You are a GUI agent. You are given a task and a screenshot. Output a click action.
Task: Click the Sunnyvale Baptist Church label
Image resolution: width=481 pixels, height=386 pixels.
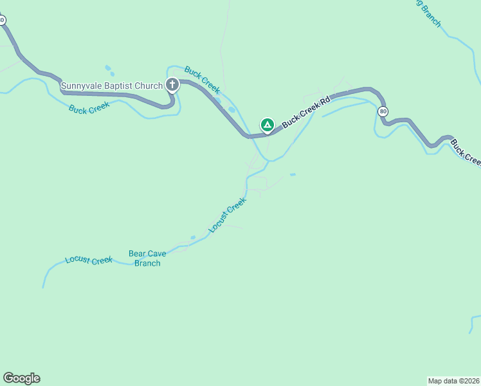(x=112, y=86)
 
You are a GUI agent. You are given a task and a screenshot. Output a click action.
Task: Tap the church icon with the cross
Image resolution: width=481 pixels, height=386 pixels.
(x=172, y=84)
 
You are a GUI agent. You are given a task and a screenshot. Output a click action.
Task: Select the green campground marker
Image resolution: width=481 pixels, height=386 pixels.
(x=267, y=124)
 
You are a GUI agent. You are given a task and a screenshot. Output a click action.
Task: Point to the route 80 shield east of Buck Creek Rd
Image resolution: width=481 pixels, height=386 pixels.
(x=383, y=111)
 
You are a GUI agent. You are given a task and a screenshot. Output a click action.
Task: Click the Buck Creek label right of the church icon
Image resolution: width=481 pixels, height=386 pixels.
(x=203, y=78)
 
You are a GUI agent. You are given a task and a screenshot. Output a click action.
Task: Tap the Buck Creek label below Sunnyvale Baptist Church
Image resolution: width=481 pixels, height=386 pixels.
(x=89, y=109)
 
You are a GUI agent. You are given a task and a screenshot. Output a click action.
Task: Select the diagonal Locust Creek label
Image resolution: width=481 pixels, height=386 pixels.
(x=228, y=215)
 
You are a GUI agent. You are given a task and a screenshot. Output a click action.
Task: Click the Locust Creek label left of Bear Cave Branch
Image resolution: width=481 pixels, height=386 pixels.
(x=89, y=261)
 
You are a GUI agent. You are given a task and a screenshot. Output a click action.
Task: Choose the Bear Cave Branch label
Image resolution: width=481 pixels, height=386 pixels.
(x=147, y=259)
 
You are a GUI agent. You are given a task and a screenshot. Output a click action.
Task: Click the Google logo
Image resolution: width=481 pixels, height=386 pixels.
(x=21, y=378)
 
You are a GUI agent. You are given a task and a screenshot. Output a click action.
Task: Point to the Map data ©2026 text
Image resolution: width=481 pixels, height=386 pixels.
(x=454, y=381)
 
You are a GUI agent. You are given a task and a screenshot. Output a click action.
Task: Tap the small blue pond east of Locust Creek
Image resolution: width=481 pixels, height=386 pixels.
(x=293, y=174)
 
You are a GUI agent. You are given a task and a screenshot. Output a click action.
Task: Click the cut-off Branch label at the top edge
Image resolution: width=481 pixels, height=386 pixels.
(x=430, y=13)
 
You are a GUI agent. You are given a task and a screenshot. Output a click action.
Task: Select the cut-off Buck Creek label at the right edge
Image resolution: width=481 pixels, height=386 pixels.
(x=465, y=152)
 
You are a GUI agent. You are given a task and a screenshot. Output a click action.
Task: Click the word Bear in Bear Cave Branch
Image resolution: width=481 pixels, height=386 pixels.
(x=138, y=254)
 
